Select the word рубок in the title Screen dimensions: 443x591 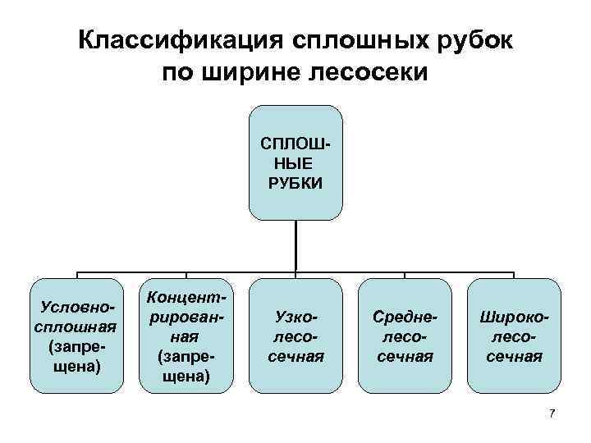[x=475, y=40]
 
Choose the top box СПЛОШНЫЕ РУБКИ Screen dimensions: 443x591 [x=295, y=162]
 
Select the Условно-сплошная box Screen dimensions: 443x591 [x=78, y=336]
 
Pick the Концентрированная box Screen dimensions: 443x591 [x=186, y=336]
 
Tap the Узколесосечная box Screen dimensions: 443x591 [x=295, y=336]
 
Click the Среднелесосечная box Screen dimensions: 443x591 [x=404, y=336]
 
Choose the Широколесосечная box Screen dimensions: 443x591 [x=513, y=336]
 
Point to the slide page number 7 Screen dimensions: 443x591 [x=552, y=413]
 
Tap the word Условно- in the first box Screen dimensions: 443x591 [x=78, y=306]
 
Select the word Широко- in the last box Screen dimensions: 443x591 [x=513, y=316]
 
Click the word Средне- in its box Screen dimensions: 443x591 [x=404, y=316]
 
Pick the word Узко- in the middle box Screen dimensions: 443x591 [x=295, y=316]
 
